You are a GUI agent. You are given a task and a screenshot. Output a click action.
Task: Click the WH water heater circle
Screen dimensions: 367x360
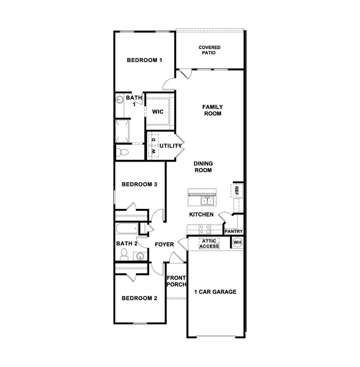(237, 243)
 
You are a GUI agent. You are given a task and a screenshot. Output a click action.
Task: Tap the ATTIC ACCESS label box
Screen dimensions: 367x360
(209, 243)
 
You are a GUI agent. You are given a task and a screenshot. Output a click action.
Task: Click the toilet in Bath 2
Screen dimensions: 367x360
(124, 254)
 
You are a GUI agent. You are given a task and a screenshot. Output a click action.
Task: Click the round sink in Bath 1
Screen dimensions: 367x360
(120, 100)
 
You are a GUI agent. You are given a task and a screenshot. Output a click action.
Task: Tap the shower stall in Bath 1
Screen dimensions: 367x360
(123, 130)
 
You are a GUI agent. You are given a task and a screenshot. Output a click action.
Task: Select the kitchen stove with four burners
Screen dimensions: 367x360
(205, 229)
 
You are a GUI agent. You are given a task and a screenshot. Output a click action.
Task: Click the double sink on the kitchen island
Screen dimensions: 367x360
(208, 201)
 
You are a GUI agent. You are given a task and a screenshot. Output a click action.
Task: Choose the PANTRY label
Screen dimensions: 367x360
(233, 232)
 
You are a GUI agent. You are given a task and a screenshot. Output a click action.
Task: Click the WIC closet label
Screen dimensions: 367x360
(158, 112)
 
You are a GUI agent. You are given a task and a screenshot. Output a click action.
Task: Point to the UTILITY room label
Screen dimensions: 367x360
(171, 146)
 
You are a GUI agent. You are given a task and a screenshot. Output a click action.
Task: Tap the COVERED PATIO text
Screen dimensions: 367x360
(210, 50)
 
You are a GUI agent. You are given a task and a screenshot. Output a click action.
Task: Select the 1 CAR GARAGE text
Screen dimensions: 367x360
(215, 292)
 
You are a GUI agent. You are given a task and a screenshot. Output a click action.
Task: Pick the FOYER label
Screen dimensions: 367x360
(164, 244)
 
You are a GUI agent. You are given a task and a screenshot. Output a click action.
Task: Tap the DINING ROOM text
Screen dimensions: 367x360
(203, 166)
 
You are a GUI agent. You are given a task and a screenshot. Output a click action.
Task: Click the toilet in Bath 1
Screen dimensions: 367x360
(122, 152)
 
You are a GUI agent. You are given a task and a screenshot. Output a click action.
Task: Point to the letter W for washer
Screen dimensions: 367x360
(153, 152)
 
